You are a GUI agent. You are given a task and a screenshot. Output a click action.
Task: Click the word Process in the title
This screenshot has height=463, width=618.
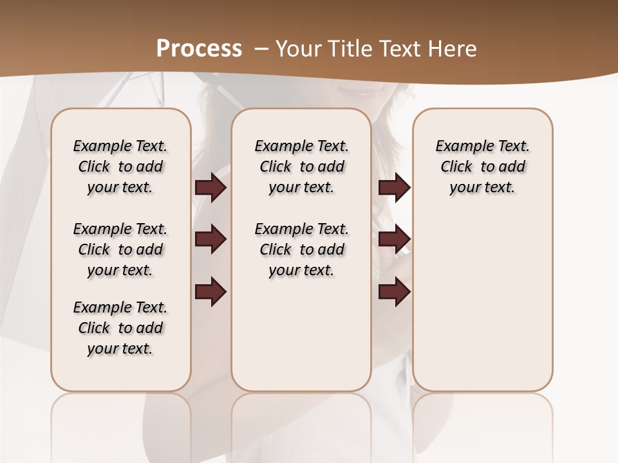(x=199, y=49)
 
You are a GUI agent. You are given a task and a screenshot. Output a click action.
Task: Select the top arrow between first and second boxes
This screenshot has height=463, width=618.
(x=211, y=187)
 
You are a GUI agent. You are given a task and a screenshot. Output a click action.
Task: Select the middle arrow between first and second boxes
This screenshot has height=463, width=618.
(x=211, y=239)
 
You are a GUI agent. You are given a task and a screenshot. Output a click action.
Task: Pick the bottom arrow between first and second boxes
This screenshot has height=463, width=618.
(x=211, y=291)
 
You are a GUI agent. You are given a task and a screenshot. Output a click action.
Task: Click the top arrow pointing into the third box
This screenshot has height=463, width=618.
(x=394, y=187)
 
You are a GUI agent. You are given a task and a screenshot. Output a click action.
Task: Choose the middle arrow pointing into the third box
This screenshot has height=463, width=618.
(x=394, y=239)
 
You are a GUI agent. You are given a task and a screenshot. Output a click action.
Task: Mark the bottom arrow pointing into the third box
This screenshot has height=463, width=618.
(x=394, y=291)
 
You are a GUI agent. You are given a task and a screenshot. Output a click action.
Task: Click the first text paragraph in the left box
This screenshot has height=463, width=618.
(x=120, y=167)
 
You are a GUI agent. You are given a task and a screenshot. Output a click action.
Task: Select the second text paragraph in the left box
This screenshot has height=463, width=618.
(x=120, y=250)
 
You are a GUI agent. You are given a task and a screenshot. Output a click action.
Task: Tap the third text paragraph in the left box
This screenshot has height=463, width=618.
(x=120, y=328)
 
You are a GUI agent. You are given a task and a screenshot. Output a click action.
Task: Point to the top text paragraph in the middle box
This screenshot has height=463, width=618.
(x=301, y=167)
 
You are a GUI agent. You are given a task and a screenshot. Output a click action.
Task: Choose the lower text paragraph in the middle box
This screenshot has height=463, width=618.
(x=301, y=250)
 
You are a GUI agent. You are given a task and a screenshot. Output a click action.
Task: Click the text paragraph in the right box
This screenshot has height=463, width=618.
(x=482, y=167)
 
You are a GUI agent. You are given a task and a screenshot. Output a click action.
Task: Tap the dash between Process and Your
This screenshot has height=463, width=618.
(x=261, y=49)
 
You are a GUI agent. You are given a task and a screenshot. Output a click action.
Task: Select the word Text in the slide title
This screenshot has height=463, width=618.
(x=398, y=49)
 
